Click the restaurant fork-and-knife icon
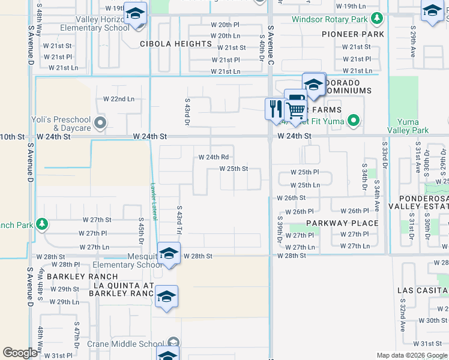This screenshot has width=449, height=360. coord(276,109)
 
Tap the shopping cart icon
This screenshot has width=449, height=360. coord(295,110)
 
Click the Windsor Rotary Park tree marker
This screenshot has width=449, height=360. coord(377,19)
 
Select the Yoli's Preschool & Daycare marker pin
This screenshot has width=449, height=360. coord(100,124)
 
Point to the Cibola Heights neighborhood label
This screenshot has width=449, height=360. coord(176,44)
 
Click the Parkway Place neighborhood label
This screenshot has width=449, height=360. coord(342,223)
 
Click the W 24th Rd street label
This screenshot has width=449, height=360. coord(214,157)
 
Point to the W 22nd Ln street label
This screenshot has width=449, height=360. coord(119,99)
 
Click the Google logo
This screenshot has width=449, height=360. coord(20,353)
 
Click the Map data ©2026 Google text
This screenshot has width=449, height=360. coord(412,355)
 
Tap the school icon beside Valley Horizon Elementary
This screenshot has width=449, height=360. coord(135,13)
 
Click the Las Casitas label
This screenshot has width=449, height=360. coord(423,290)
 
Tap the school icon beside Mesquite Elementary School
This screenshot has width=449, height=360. coord(169,254)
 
